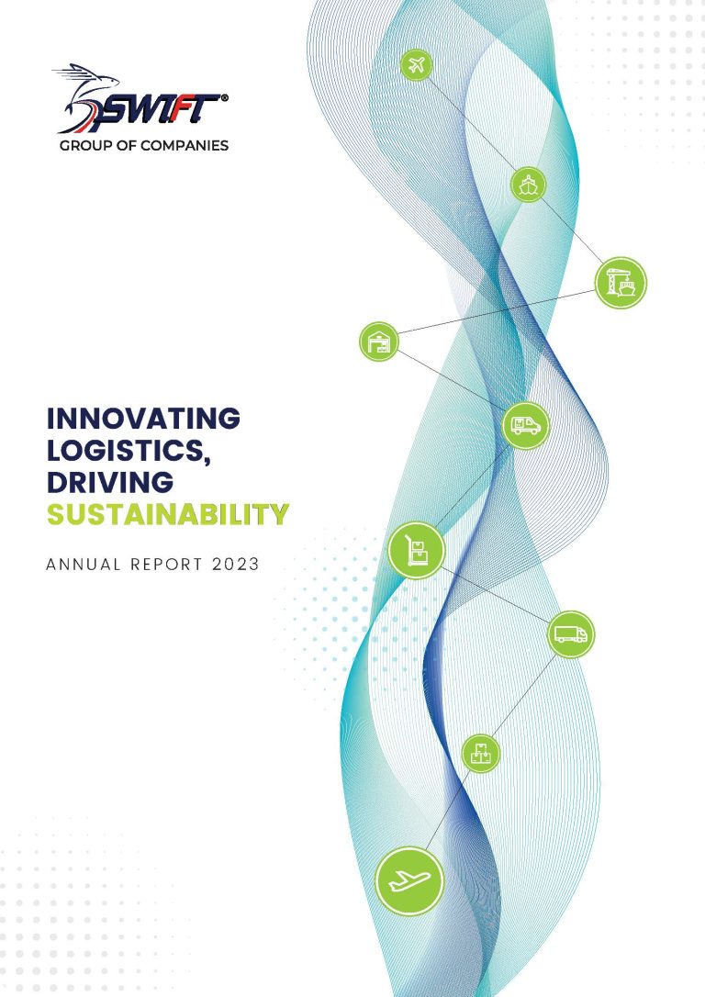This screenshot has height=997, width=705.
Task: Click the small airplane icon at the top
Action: click(417, 65)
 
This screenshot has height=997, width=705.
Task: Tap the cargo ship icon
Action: click(528, 185)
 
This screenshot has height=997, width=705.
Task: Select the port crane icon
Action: click(621, 282)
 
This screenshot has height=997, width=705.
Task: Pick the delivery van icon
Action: click(526, 425)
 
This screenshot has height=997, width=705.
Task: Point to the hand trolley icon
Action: click(417, 551)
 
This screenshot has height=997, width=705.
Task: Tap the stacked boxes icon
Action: click(480, 754)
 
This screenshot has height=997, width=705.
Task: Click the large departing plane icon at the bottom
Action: click(409, 880)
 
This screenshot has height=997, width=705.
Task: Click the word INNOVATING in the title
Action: click(143, 419)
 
